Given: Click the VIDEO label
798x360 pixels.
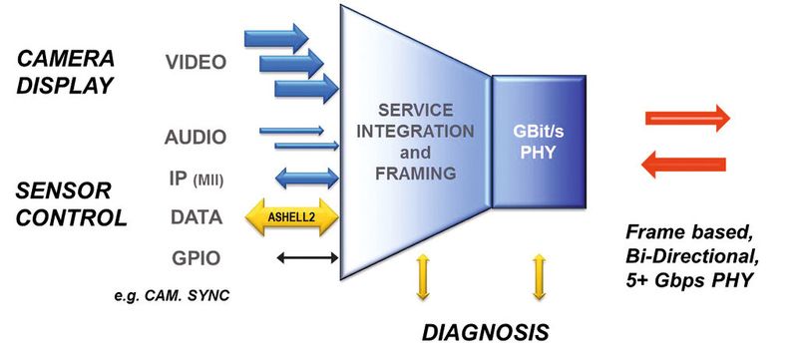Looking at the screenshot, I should [196, 63].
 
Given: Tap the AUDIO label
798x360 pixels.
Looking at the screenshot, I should [196, 137].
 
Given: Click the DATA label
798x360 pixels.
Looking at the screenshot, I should [196, 215].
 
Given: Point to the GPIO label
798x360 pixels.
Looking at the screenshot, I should [196, 258].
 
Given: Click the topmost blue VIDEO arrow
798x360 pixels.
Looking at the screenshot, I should [277, 42].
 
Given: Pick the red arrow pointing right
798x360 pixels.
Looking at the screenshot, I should [691, 119].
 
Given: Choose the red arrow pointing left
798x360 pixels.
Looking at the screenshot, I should [691, 164].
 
